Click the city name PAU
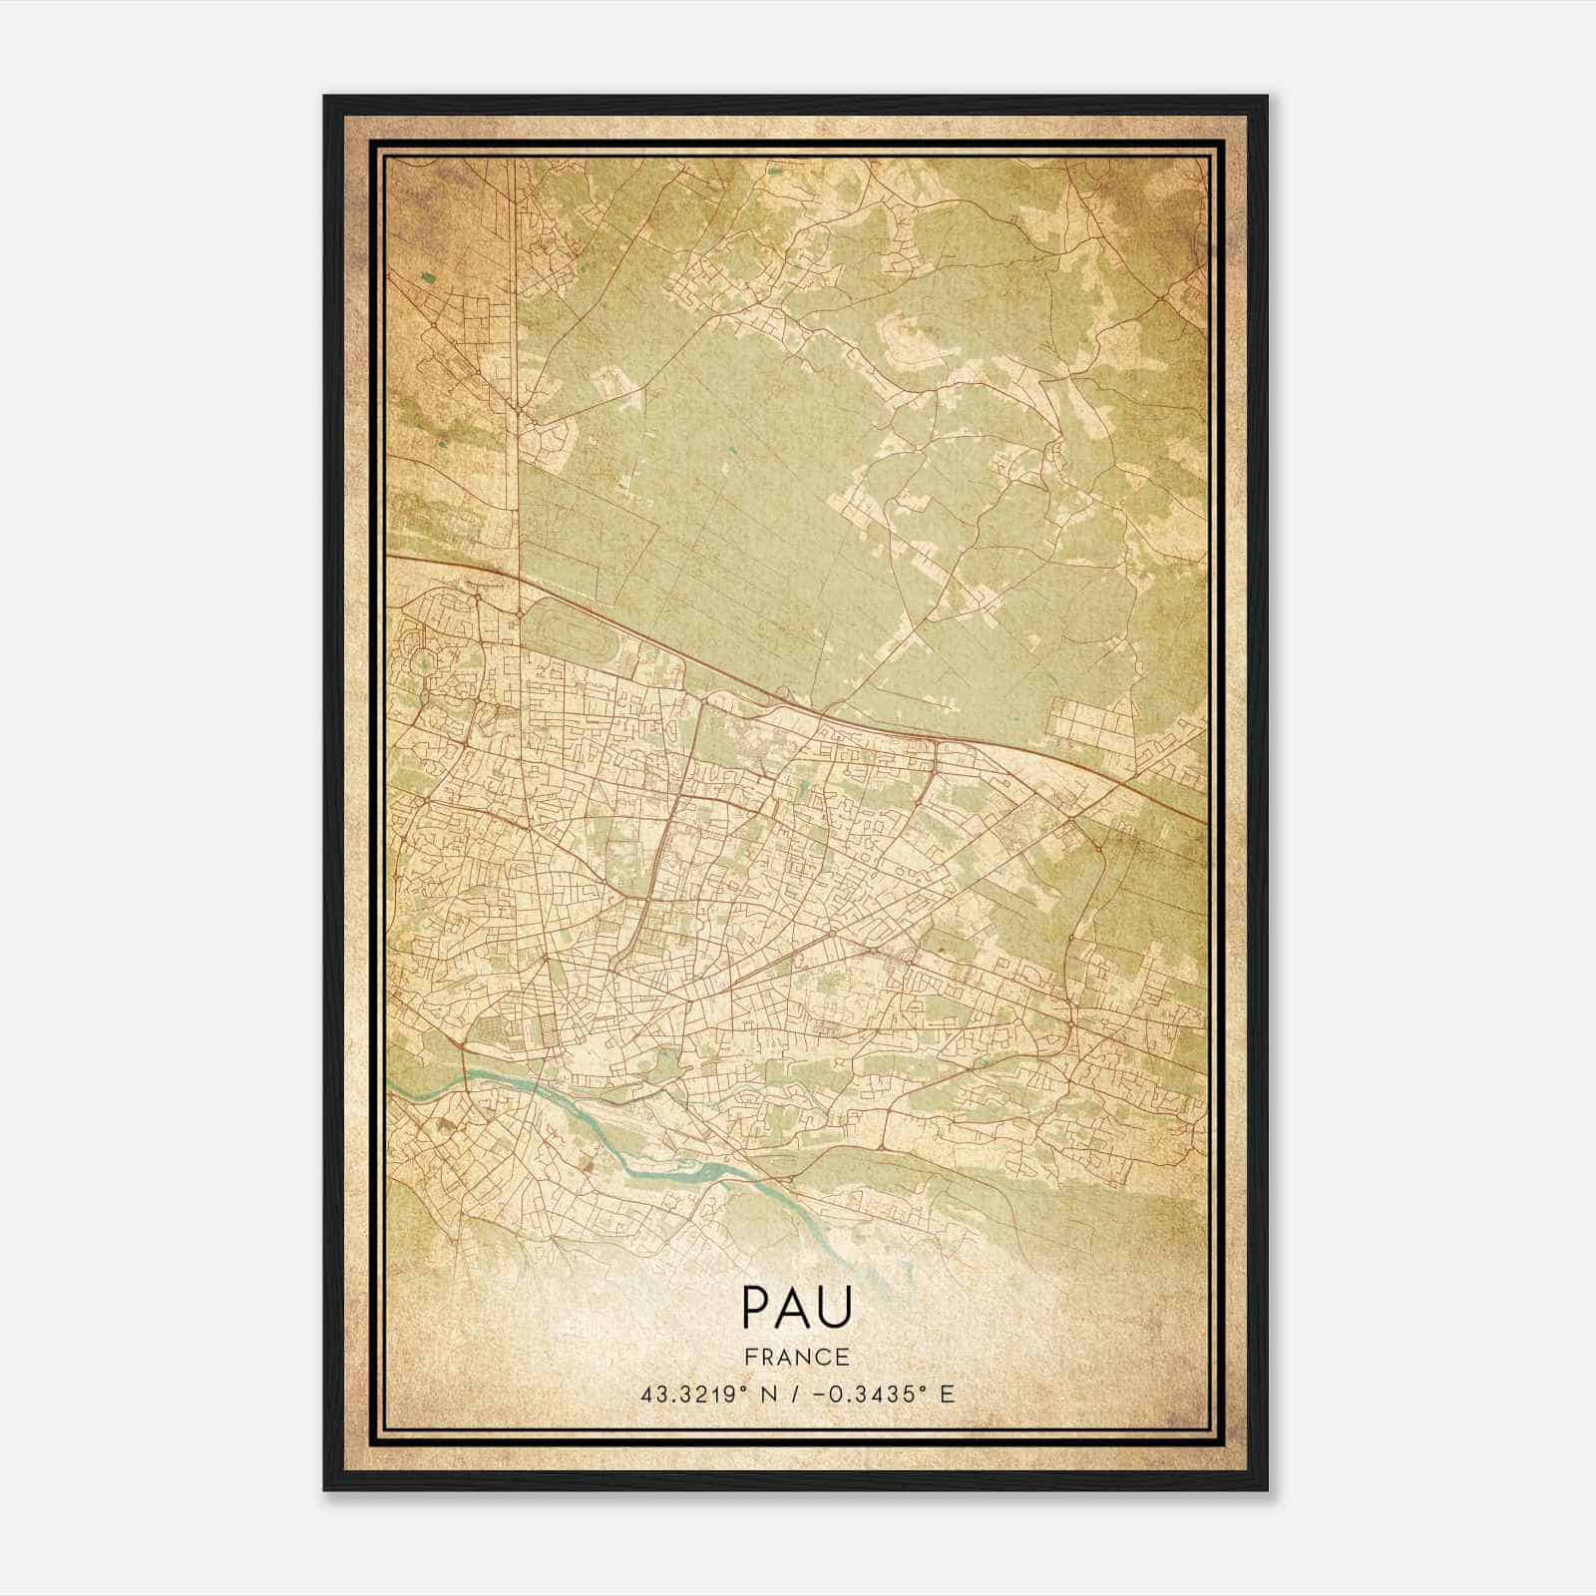pos(797,1307)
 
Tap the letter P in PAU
pos(755,1307)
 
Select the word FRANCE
pos(797,1357)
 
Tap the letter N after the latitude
pos(766,1394)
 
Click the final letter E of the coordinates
pos(948,1394)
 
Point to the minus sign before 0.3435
pos(819,1394)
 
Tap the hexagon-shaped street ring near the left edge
pos(429,658)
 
